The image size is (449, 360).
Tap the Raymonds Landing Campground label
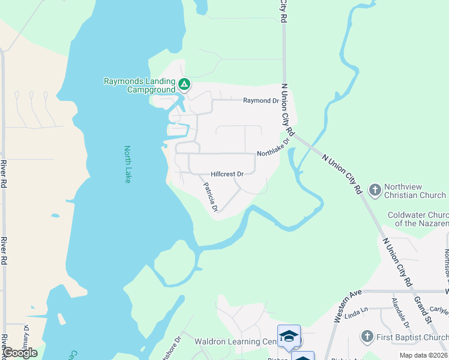coord(139,85)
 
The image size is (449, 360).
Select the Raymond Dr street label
coord(257,101)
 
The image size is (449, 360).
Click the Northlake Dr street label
coord(273,147)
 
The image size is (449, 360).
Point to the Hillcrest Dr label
coord(227,174)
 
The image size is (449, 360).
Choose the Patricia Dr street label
coord(209,197)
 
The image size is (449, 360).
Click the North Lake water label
coord(127,164)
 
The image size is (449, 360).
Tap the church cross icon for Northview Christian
coord(375,191)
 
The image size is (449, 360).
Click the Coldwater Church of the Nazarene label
coord(418,219)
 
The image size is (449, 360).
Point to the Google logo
coord(19,353)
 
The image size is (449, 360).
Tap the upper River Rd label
coord(4,174)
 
